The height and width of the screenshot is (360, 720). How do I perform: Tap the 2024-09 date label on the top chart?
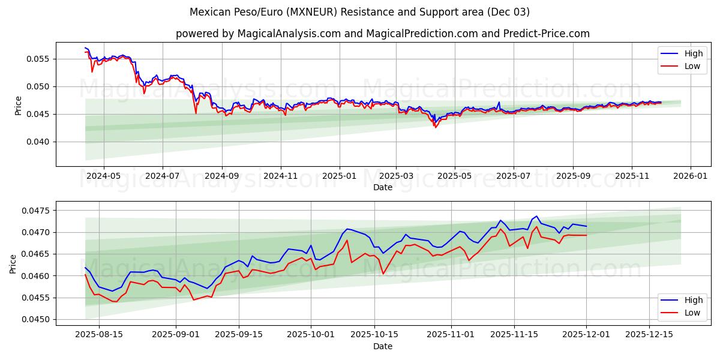click(221, 176)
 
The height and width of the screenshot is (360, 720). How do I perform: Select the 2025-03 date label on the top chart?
click(396, 176)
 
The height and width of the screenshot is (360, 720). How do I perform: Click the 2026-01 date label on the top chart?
click(691, 176)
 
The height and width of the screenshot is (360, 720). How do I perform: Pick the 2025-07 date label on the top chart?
click(514, 176)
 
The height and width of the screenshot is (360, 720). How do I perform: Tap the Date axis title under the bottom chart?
click(383, 346)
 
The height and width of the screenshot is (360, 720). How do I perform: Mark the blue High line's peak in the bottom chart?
click(536, 216)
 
